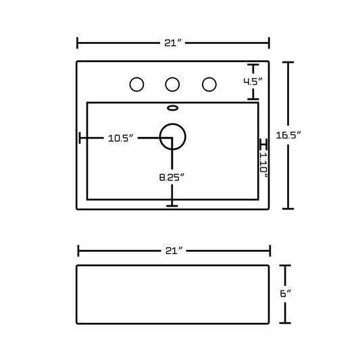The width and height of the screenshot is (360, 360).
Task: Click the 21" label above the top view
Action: (x=173, y=43)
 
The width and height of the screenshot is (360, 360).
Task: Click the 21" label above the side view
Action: (x=174, y=251)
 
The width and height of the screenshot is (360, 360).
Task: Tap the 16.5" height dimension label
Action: (x=288, y=135)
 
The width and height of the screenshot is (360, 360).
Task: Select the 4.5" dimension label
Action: (x=253, y=82)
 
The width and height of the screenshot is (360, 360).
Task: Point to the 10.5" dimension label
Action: (x=121, y=138)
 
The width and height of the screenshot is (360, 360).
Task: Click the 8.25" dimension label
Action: (x=172, y=177)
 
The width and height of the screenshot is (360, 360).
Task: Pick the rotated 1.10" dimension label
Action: (x=263, y=165)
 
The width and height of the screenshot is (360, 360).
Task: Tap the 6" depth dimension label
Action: (x=286, y=293)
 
